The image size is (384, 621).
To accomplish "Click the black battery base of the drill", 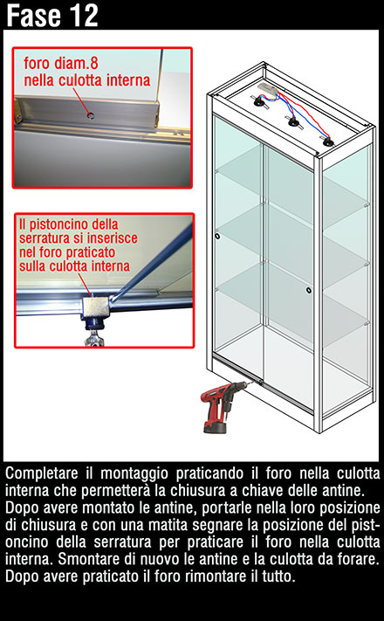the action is [215, 428].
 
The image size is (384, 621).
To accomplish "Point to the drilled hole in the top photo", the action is [91, 115].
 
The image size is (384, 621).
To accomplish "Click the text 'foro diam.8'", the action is [60, 63].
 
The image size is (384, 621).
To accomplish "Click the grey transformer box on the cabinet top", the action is [269, 88].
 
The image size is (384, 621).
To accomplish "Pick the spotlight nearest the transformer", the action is [260, 102].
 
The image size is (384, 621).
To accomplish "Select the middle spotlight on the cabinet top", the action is [293, 121].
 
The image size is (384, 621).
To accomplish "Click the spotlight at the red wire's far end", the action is [327, 141].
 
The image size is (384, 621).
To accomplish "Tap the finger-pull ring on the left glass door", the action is [217, 237].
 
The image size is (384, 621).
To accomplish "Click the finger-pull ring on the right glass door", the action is [308, 290].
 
